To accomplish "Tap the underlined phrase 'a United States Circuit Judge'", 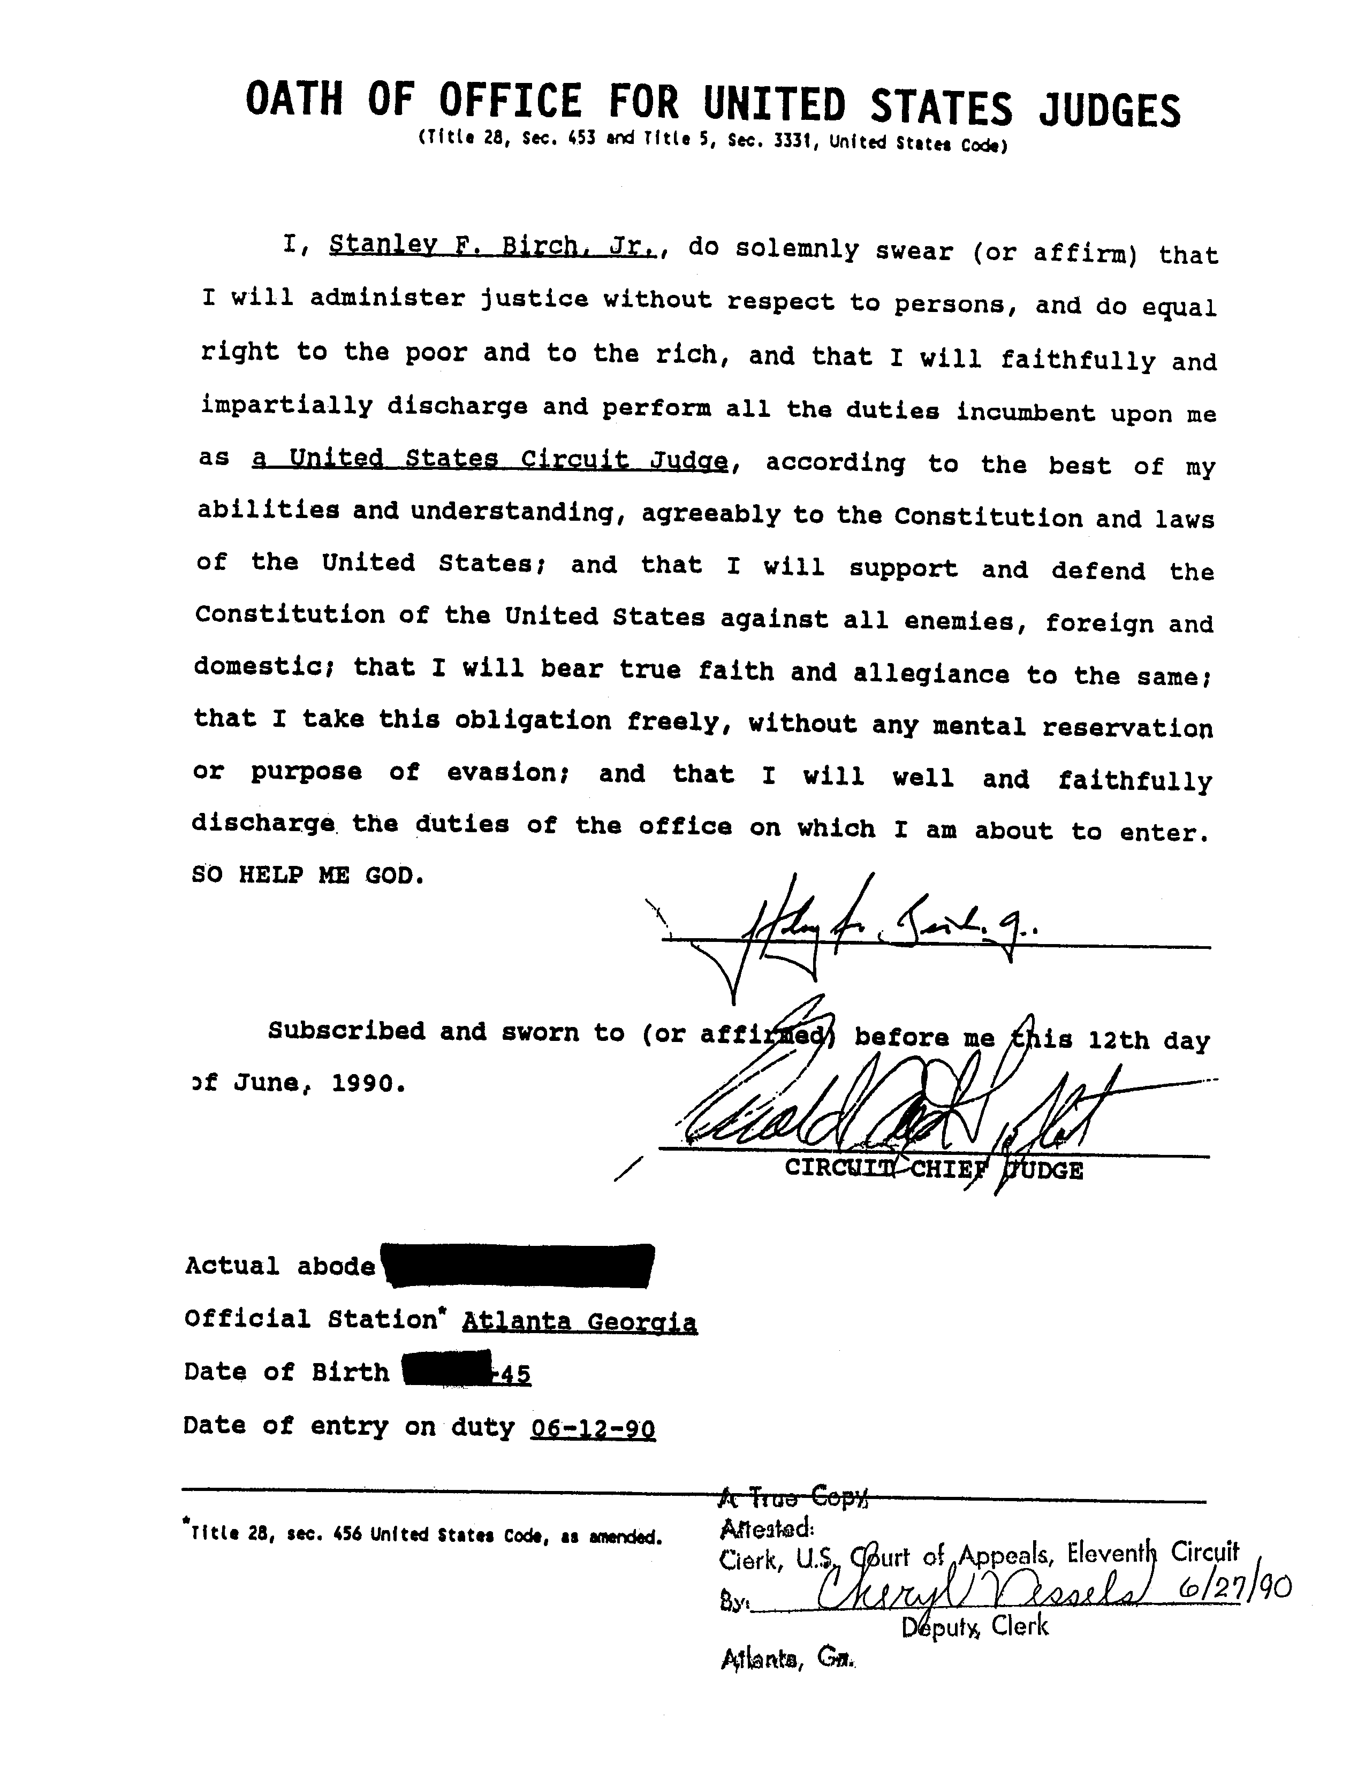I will click(x=490, y=459).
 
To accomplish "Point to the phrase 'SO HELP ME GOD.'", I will click(x=308, y=876).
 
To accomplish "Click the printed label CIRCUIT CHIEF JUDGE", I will click(x=934, y=1169).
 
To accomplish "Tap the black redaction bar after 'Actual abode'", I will click(x=517, y=1266).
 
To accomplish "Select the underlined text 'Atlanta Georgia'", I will click(x=579, y=1322).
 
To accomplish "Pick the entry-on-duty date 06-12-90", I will click(x=593, y=1429).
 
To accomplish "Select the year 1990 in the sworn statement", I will click(x=366, y=1083).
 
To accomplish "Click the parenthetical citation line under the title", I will click(x=712, y=142).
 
